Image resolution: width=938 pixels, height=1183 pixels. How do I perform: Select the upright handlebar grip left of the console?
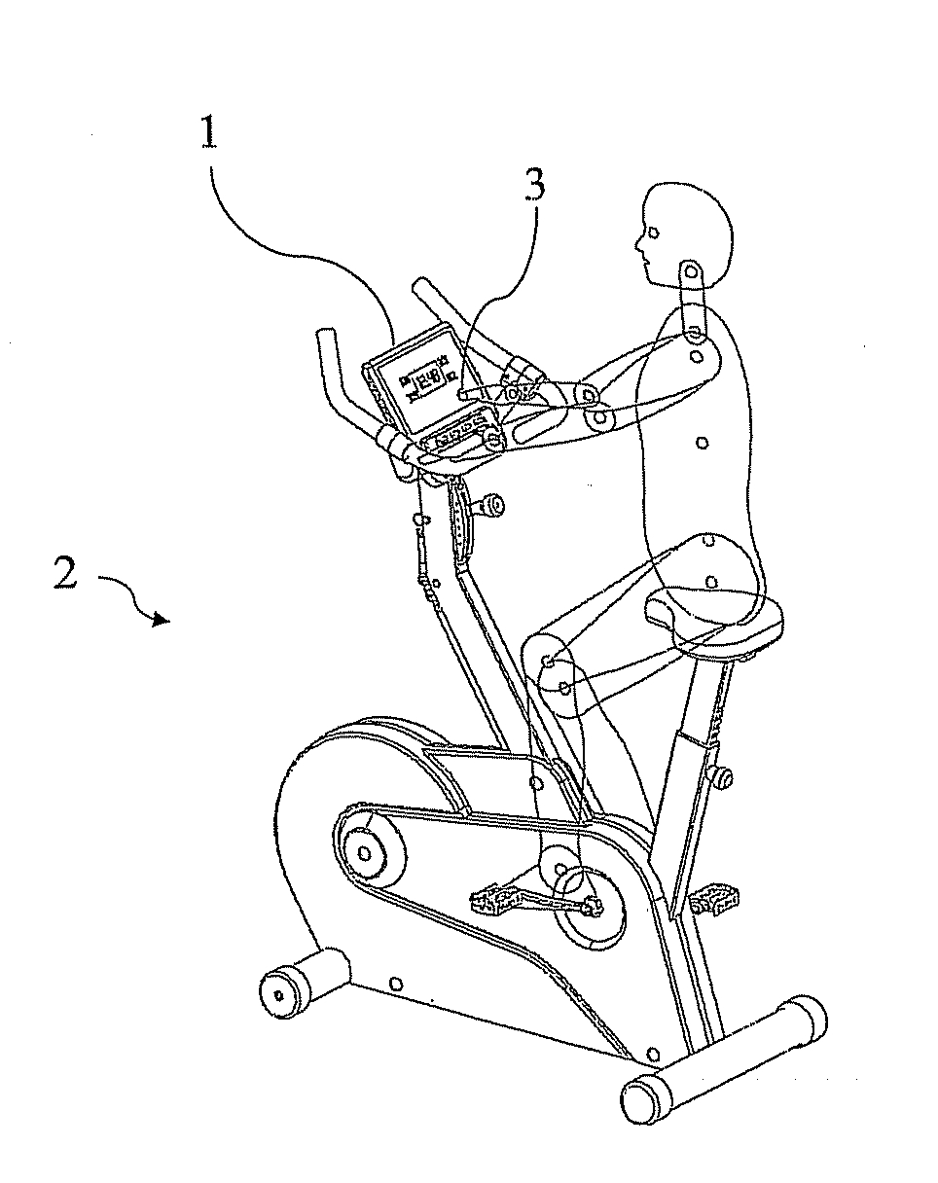[328, 354]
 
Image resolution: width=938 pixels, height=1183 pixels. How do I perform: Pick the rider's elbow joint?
[590, 395]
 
